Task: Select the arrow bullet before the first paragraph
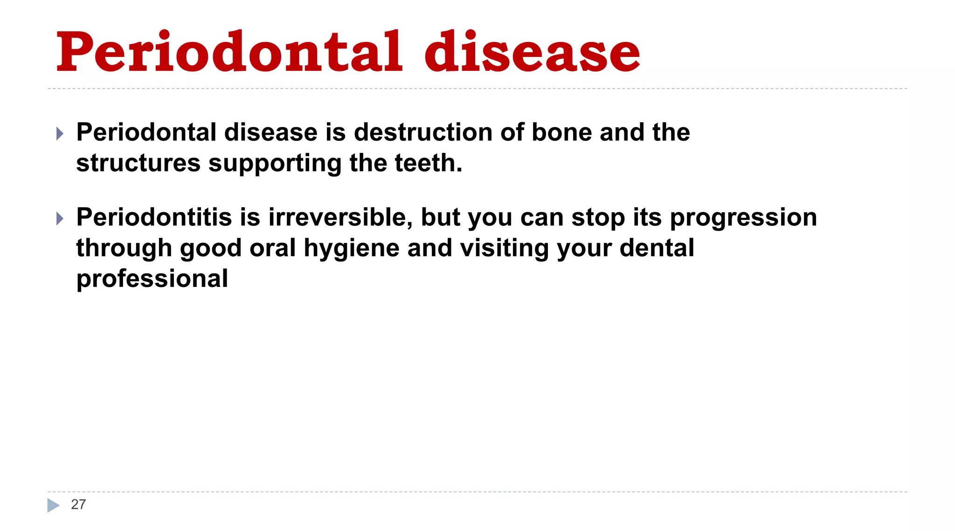point(60,133)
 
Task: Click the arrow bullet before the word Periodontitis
point(60,218)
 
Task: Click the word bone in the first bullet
point(561,132)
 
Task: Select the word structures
point(138,163)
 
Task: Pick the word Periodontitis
point(154,217)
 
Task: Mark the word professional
point(152,279)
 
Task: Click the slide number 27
point(78,504)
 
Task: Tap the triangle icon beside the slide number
point(53,505)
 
